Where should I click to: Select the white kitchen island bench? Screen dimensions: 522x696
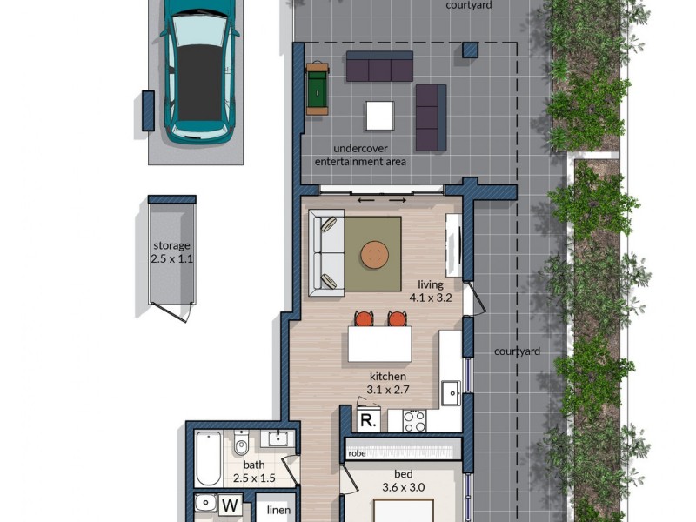(x=380, y=345)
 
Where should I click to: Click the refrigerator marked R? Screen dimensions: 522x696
(x=368, y=421)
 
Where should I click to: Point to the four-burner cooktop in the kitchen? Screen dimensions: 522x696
(x=414, y=421)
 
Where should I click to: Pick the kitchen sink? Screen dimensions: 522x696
(x=450, y=393)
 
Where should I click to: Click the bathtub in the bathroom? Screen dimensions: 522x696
(x=208, y=458)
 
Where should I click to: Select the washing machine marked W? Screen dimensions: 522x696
(x=231, y=505)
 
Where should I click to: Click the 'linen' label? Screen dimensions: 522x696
(x=278, y=510)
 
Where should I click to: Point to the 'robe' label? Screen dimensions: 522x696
(x=357, y=452)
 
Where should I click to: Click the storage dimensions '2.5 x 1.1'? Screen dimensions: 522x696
(x=171, y=258)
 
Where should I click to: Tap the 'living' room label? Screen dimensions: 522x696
(x=430, y=284)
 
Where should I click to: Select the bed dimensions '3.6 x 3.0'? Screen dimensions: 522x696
(x=403, y=487)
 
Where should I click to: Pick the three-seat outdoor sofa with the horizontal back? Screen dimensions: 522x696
(x=379, y=66)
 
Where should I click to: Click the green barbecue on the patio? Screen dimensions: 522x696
(x=318, y=88)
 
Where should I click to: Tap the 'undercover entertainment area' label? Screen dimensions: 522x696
(x=360, y=155)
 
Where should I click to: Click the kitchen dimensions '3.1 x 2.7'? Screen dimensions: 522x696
(x=389, y=389)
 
